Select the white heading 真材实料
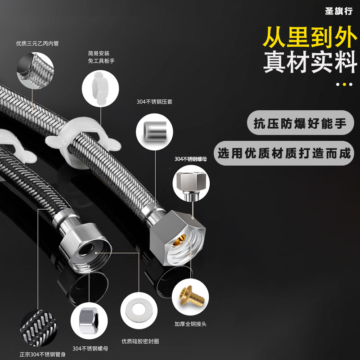coord(309,63)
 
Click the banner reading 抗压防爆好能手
coord(300,123)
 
